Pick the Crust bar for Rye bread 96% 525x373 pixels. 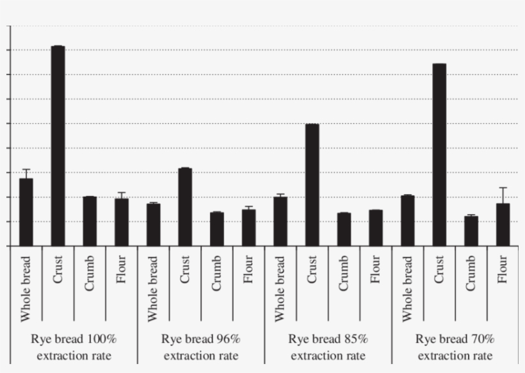coord(185,207)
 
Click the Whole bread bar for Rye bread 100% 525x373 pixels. coord(26,212)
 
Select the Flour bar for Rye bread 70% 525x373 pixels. coord(503,225)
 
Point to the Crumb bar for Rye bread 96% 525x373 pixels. coord(217,229)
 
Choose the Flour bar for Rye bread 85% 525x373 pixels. coord(376,228)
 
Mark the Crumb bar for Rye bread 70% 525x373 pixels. coord(471,231)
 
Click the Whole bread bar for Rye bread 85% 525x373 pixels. coord(280,221)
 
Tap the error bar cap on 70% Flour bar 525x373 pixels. coord(503,188)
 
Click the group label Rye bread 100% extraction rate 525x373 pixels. coord(74,347)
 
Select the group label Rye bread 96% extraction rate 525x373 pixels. coord(201,347)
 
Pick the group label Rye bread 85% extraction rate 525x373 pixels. coord(328,347)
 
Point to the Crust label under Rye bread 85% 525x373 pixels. coord(312,270)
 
